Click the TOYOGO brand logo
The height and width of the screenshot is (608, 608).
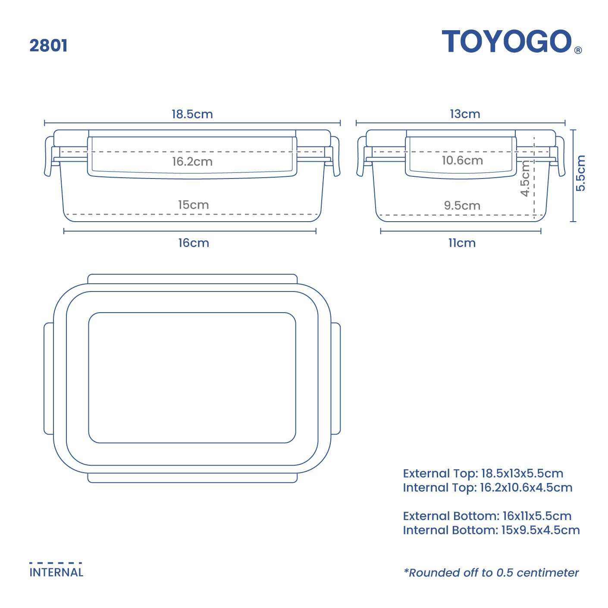507,42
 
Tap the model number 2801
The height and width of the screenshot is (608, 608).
48,45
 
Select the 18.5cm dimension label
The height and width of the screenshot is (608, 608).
192,114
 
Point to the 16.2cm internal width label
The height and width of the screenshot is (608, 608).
192,162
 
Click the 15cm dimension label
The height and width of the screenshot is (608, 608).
193,205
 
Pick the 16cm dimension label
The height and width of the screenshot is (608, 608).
194,243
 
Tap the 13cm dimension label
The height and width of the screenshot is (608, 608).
465,114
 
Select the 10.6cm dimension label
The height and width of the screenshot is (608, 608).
462,160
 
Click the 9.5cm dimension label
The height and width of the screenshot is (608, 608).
462,206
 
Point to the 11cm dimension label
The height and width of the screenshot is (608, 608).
462,243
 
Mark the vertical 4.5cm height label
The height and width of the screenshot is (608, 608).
525,178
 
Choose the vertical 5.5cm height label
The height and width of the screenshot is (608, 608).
581,173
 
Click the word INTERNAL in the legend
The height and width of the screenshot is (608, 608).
56,572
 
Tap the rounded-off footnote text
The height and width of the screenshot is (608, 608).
491,573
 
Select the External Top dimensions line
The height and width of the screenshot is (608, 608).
483,473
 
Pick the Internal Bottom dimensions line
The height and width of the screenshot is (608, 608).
491,530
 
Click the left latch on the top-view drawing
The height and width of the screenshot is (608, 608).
49,378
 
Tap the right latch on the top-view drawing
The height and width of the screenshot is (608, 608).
335,378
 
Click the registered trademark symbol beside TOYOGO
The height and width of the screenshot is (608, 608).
578,50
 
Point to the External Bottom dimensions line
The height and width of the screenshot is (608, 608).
487,516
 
